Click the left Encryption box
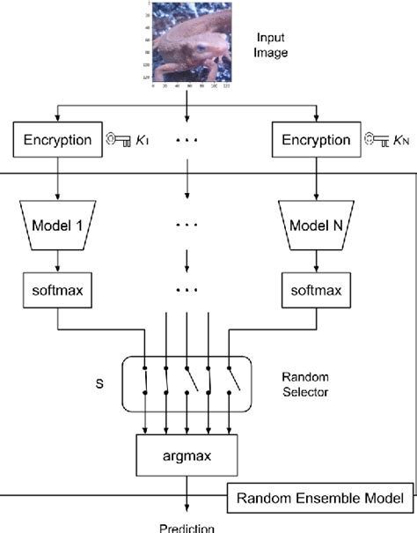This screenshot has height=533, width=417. point(57,139)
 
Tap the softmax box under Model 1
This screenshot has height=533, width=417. point(57,288)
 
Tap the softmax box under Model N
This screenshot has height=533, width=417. point(315,288)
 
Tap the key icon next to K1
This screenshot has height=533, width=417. point(116,139)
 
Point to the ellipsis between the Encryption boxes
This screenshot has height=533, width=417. point(186,139)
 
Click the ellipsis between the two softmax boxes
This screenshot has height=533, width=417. point(186,288)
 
